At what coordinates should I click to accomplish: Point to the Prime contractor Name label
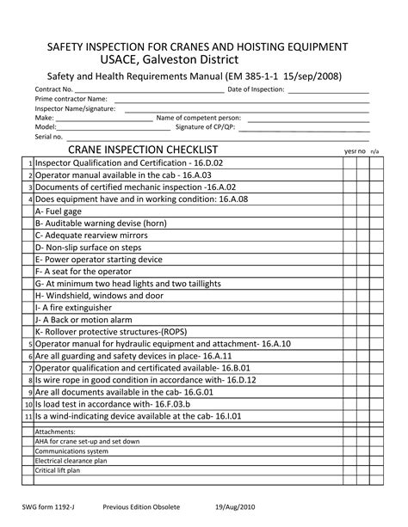pos(71,100)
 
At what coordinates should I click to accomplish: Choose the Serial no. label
pos(49,136)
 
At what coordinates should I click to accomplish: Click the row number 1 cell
pos(29,162)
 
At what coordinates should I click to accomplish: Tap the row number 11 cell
pos(28,415)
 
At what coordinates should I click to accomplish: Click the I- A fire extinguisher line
pos(73,307)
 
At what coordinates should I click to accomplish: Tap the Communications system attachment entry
pos(71,451)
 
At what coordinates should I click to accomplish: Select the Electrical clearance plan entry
pos(71,461)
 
